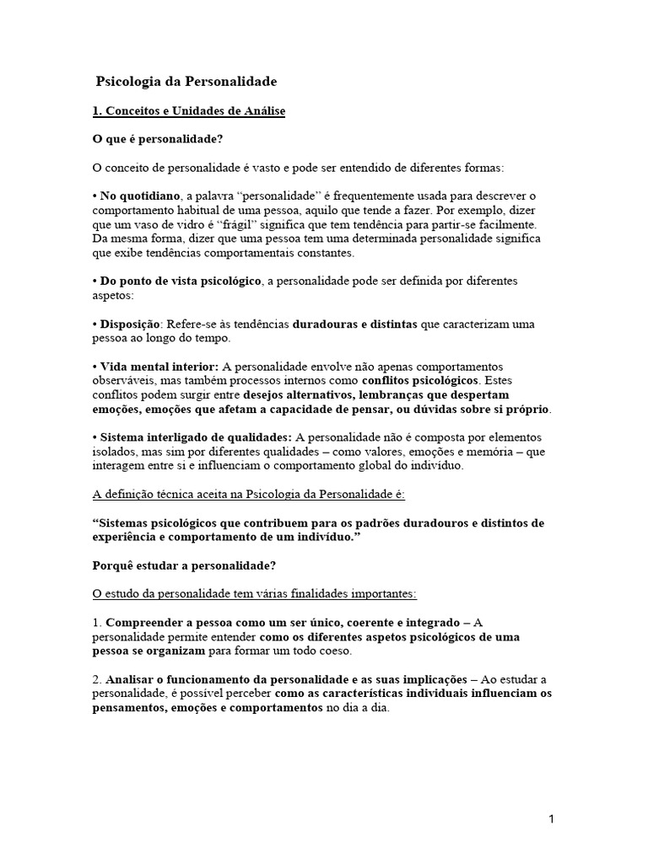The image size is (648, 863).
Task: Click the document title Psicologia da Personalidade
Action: [x=186, y=82]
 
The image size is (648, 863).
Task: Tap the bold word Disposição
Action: [x=130, y=324]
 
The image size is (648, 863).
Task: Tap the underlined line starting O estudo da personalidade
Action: [x=254, y=594]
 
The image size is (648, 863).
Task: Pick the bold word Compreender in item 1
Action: [x=144, y=623]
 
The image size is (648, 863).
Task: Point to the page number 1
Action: [x=550, y=818]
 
